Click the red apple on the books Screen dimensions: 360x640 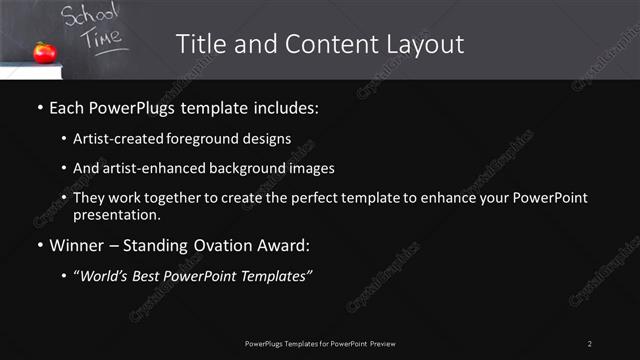[44, 52]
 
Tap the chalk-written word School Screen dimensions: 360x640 [90, 16]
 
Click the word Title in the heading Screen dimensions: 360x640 [199, 44]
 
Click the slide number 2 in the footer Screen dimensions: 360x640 [590, 343]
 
